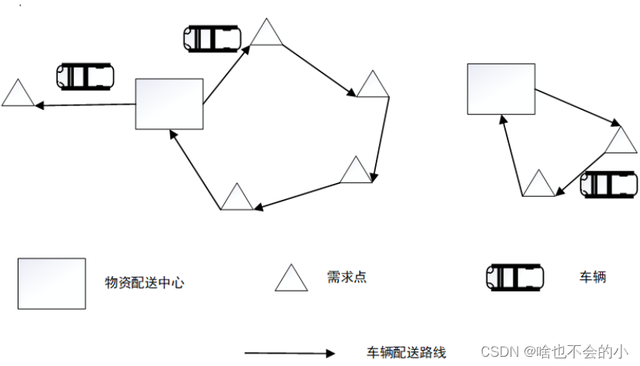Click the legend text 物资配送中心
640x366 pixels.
pos(145,283)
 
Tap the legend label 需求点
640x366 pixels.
pos(347,277)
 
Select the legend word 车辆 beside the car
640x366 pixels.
pos(592,276)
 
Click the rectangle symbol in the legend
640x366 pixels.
pos(52,283)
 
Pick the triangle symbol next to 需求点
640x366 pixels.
pos(292,279)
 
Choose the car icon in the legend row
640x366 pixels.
pos(514,276)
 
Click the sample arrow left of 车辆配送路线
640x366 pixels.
pos(290,354)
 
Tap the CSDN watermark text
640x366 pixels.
pos(554,351)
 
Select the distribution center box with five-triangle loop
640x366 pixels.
pos(169,104)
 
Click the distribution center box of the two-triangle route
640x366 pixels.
pos(501,88)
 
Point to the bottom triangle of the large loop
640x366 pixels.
pos(236,198)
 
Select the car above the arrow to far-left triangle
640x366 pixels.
pos(85,75)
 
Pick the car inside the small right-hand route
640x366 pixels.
pos(608,185)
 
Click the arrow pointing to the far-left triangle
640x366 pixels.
pos(85,105)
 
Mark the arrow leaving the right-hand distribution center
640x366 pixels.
pos(576,107)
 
